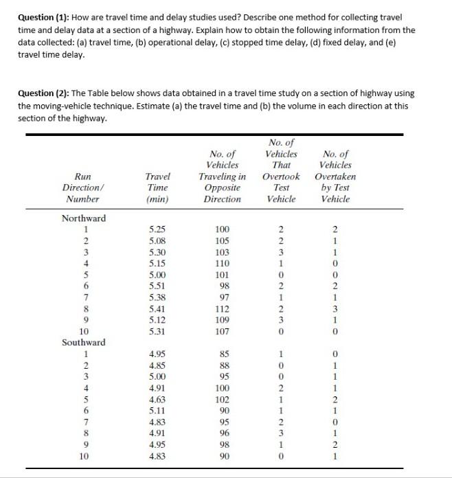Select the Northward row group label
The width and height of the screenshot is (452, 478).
84,218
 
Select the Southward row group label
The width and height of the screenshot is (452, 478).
84,341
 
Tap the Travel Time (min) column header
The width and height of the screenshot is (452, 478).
157,187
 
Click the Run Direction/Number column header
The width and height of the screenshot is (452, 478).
81,187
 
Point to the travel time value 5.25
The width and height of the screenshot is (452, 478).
157,229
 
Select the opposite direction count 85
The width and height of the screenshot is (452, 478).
222,354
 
